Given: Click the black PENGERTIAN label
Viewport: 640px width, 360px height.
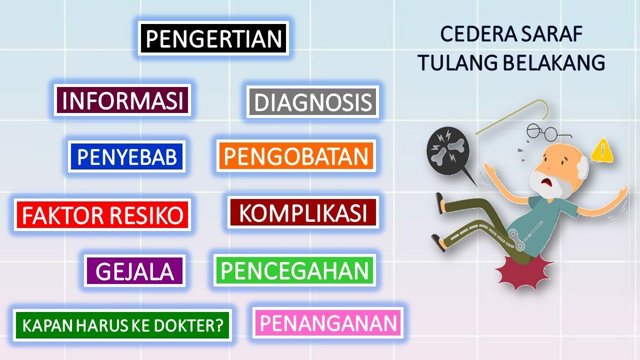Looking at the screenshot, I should click(x=213, y=38).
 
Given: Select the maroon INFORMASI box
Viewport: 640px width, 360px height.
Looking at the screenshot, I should click(x=123, y=100).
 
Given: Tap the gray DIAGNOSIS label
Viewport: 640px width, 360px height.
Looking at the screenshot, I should click(x=312, y=102).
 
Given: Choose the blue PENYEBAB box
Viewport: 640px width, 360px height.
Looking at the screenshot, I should click(x=127, y=156).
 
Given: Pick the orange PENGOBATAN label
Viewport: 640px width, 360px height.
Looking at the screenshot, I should click(x=296, y=156).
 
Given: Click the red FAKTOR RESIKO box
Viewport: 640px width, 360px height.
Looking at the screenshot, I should click(x=102, y=215).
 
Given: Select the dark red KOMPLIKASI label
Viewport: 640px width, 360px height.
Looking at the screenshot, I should click(x=302, y=212).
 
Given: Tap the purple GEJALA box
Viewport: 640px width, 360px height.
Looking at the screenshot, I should click(x=134, y=271).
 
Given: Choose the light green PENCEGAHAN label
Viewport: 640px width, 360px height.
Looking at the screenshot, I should click(x=294, y=270).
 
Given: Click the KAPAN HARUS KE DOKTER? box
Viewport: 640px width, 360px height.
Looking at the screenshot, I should click(x=122, y=325).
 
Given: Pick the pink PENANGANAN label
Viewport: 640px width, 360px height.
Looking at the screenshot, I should click(x=328, y=323).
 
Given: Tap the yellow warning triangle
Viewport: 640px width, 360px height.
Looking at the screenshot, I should click(x=602, y=150).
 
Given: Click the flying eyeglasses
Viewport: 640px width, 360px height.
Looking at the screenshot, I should click(x=548, y=132).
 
